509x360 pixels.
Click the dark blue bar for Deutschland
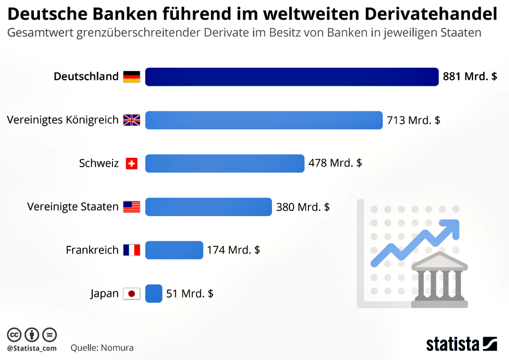click(x=292, y=76)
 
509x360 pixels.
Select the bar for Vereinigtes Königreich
click(x=264, y=120)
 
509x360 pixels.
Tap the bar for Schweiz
click(x=224, y=163)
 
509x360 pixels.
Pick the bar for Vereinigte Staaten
click(x=208, y=207)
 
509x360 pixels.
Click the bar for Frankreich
click(x=174, y=250)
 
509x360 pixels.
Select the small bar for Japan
click(x=153, y=293)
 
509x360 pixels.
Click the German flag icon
click(x=132, y=76)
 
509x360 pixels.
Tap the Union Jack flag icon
click(x=132, y=120)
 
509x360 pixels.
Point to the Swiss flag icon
click(x=132, y=163)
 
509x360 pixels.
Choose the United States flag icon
click(x=132, y=207)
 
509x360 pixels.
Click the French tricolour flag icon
click(x=132, y=250)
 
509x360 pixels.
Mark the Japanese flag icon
click(x=132, y=294)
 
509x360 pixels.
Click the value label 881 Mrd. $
click(x=470, y=76)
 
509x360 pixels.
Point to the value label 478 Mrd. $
click(x=335, y=163)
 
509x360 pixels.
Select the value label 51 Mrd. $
click(x=190, y=294)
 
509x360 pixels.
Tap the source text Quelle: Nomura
click(x=102, y=347)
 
